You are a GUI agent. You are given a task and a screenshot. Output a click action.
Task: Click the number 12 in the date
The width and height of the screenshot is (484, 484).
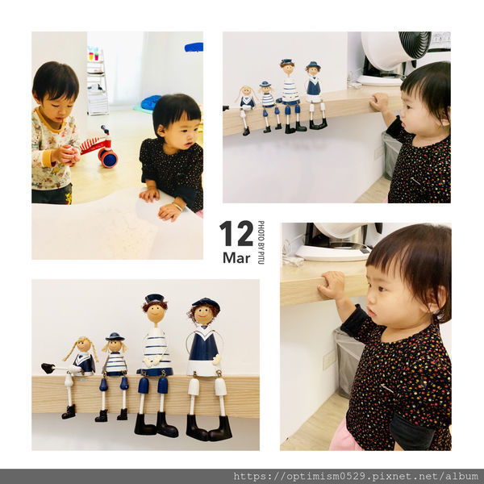coord(236,233)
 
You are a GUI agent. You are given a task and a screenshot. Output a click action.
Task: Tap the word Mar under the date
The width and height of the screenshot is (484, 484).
coord(236,258)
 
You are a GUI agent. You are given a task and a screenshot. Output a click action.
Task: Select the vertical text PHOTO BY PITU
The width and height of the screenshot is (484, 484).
coord(261,242)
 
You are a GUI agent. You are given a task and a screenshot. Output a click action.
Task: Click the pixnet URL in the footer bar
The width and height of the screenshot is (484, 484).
coord(356,476)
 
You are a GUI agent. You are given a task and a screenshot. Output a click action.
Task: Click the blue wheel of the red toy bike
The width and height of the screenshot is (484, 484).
coord(109,159)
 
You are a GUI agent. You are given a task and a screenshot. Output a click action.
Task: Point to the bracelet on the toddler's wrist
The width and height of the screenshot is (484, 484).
coord(177,207)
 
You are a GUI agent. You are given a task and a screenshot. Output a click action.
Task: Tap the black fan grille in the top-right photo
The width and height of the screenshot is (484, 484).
coord(415,44)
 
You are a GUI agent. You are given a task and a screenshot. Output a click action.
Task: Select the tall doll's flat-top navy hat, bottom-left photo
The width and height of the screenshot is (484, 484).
coord(154,298)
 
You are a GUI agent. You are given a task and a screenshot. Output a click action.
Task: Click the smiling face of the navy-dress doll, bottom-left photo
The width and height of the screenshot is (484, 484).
coord(202,315)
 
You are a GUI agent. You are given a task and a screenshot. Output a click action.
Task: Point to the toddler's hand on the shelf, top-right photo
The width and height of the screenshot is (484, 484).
coord(379,102)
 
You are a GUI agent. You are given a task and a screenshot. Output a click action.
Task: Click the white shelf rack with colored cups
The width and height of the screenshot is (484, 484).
coord(98,81)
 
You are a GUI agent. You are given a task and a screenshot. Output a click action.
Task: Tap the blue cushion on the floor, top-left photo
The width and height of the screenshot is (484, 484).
coord(151,102)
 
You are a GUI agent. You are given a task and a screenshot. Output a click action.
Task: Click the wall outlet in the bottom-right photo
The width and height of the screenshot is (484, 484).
coord(328,360)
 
